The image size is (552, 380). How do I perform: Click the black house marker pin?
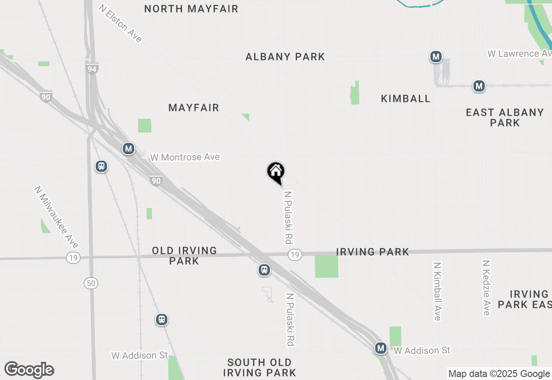pos(276,173)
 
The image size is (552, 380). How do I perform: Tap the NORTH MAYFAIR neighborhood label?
pos(191,9)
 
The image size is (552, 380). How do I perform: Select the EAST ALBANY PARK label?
pos(505,117)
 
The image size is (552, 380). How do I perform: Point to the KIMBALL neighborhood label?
pos(405,98)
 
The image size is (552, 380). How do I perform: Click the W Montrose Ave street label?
pos(185,157)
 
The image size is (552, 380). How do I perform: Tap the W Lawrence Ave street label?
pos(519,54)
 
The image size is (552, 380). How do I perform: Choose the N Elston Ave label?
pos(120,23)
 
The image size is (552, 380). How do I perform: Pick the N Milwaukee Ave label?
pos(56,217)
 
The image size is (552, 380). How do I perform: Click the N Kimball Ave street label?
pos(437,291)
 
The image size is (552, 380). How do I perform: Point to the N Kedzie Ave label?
pos(486,288)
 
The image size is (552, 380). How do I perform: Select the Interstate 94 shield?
pos(92,68)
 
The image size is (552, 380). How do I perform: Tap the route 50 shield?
pos(91,283)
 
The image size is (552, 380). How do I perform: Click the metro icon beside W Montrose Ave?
pos(128,149)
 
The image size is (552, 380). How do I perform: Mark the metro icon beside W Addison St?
pos(380,348)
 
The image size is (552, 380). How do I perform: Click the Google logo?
pos(29,370)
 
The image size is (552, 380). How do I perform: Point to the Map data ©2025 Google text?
pos(499,374)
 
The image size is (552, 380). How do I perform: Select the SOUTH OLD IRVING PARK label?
pos(260,367)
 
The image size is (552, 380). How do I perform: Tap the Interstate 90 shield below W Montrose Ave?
pos(156,181)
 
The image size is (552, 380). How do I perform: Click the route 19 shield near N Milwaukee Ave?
pos(73,258)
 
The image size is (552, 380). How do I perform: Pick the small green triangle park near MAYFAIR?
pos(246,117)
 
